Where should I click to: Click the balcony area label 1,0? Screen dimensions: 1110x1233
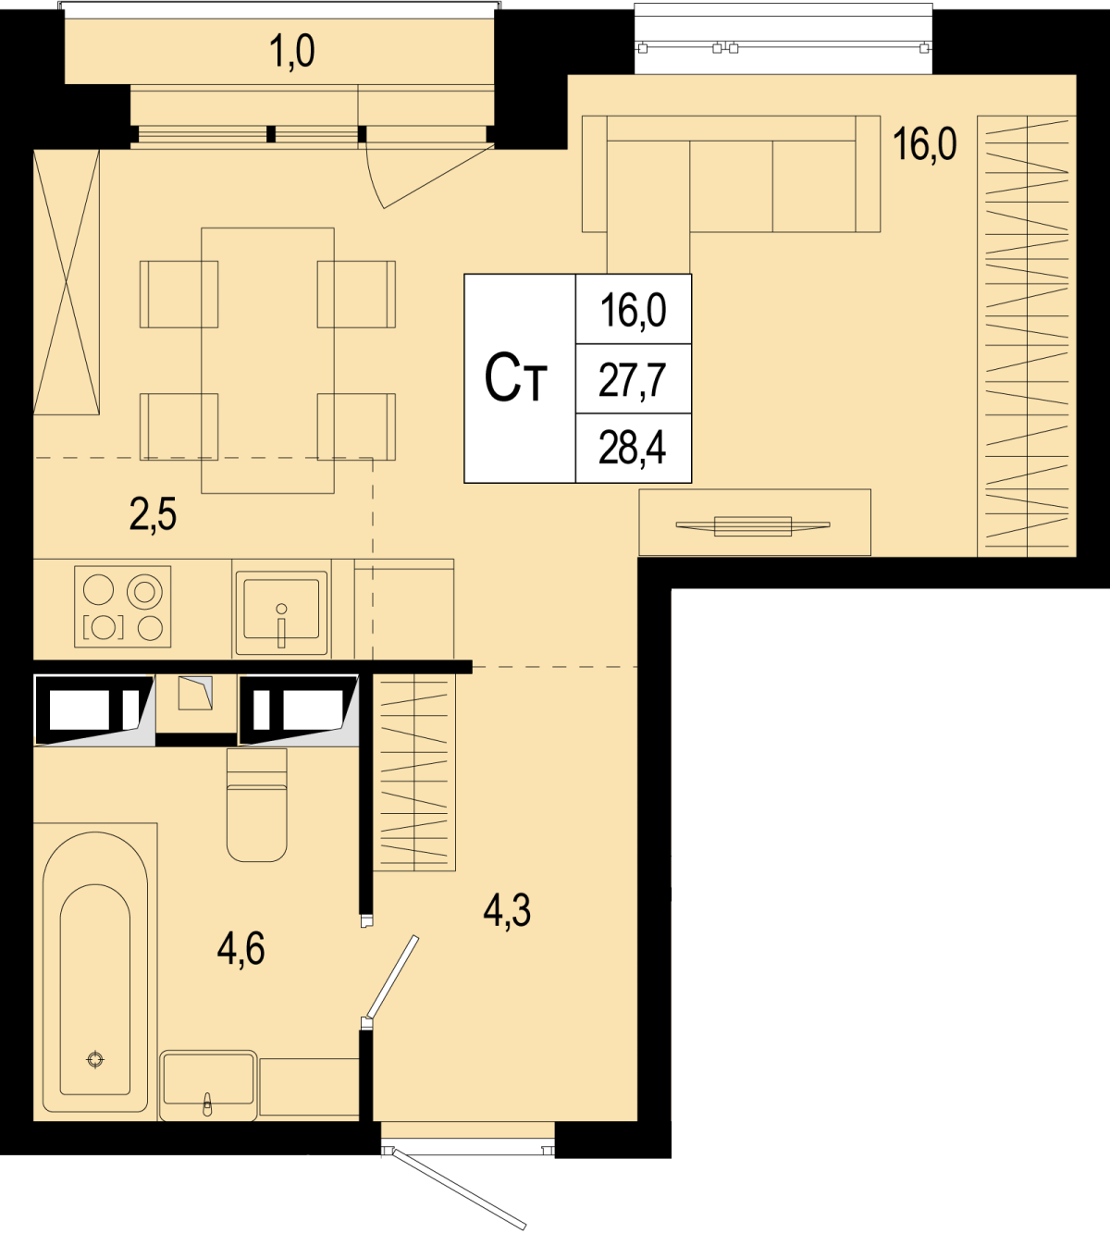(292, 51)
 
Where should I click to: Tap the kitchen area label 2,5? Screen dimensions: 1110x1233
(154, 514)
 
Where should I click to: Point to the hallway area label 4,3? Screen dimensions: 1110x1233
(507, 910)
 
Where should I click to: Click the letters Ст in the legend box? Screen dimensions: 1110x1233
(515, 378)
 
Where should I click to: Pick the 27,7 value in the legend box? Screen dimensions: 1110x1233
(632, 381)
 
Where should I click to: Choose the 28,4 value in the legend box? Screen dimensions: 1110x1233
(632, 449)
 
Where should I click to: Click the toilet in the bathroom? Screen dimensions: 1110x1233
(257, 805)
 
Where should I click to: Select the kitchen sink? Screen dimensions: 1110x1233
(281, 608)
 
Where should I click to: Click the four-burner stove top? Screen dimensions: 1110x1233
(122, 606)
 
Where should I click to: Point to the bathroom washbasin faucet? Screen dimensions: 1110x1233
(207, 1104)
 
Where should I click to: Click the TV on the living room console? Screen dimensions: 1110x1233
(753, 526)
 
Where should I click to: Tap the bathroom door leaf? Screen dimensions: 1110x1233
(391, 977)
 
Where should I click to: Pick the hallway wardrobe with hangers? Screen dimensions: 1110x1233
(413, 772)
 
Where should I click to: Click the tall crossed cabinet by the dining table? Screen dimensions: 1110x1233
(67, 282)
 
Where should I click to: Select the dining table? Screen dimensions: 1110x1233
(268, 361)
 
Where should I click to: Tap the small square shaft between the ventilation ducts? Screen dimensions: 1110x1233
(195, 694)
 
